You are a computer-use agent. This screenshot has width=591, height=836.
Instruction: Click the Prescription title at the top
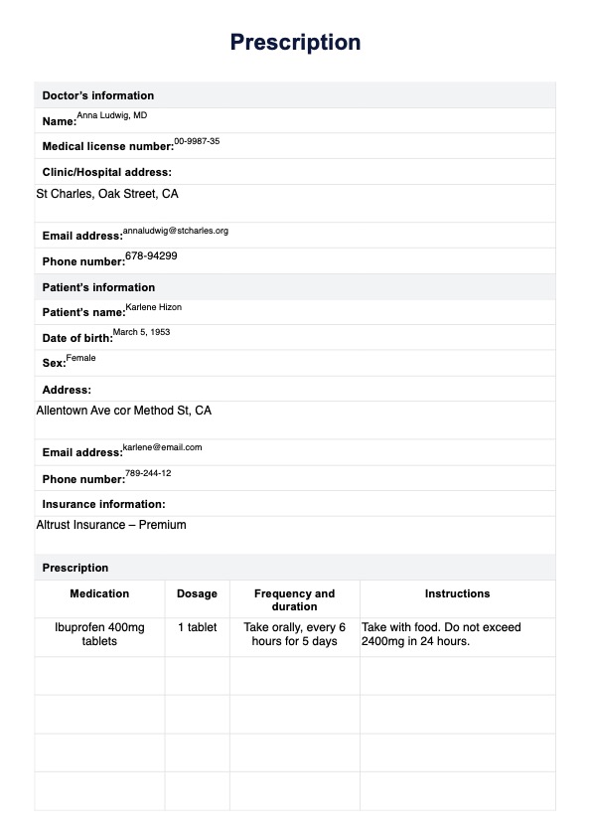point(295,42)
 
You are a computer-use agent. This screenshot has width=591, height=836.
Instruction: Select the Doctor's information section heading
point(97,95)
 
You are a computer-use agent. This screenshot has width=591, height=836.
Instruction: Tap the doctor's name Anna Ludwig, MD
point(111,116)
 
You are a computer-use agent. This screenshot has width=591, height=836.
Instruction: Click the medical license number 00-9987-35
point(197,142)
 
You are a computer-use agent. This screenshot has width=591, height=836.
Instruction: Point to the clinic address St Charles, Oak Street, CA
point(107,194)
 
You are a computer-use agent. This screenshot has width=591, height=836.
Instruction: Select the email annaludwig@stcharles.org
point(176,231)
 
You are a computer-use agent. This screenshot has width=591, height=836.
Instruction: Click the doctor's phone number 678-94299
point(151,256)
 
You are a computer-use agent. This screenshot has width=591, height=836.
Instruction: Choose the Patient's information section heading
point(98,287)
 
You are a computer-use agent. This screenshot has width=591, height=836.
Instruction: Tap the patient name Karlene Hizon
point(154,308)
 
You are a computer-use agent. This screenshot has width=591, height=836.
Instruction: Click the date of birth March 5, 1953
point(141,333)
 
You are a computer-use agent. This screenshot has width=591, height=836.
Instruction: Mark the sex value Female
point(81,358)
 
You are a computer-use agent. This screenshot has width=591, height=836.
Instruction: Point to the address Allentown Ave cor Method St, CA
point(123,410)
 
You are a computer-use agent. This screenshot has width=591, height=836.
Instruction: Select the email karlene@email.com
point(162,447)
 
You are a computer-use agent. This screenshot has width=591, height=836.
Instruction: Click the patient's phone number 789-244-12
point(148,473)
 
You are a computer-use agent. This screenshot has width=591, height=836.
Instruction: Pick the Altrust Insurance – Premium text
point(111,525)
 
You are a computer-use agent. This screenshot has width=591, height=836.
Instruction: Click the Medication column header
point(99,593)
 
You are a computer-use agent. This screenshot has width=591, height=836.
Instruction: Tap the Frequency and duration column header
point(294,599)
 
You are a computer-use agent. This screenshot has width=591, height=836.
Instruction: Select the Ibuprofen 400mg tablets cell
point(99,634)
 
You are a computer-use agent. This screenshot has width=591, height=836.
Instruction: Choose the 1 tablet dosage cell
point(197,627)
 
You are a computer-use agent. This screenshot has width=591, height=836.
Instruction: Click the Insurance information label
point(103,504)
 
